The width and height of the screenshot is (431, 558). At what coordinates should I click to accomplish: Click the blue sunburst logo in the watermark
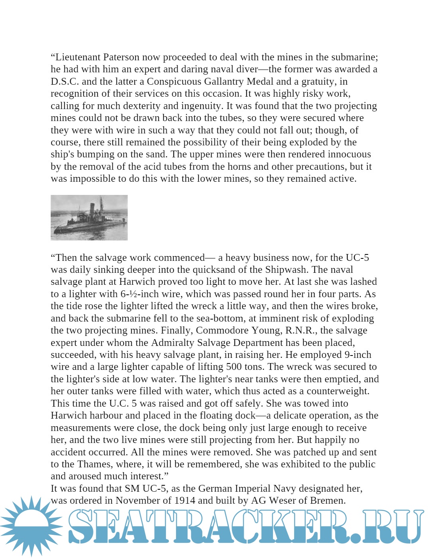click(x=30, y=526)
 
